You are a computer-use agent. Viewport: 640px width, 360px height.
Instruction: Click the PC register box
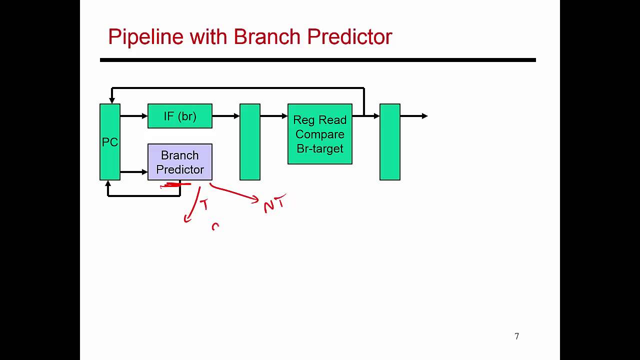[x=110, y=142]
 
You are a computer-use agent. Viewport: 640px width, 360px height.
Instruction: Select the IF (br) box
[x=180, y=116]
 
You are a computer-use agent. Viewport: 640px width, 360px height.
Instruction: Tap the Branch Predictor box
[x=180, y=162]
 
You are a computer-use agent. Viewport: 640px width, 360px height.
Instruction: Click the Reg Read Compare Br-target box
[x=320, y=134]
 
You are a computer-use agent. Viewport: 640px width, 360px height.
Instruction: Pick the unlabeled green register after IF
[x=250, y=142]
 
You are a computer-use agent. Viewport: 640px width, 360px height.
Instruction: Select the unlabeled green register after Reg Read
[x=390, y=142]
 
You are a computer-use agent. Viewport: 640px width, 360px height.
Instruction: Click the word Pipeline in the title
[x=145, y=37]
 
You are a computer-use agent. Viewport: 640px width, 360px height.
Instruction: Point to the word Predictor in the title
[x=349, y=37]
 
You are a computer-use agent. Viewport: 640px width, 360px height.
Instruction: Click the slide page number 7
[x=517, y=336]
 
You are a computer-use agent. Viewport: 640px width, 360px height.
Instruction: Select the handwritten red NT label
[x=274, y=204]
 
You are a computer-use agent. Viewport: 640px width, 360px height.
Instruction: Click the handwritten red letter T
[x=204, y=205]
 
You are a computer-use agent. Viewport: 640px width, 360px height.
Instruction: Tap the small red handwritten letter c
[x=215, y=227]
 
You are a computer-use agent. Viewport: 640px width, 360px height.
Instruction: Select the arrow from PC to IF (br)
[x=134, y=116]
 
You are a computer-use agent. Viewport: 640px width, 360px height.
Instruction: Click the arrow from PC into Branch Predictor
[x=134, y=172]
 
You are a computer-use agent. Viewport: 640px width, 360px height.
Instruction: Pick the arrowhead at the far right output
[x=424, y=116]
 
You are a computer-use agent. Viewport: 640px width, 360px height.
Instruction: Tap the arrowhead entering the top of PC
[x=112, y=100]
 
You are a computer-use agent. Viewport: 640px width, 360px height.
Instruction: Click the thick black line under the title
[x=318, y=60]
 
